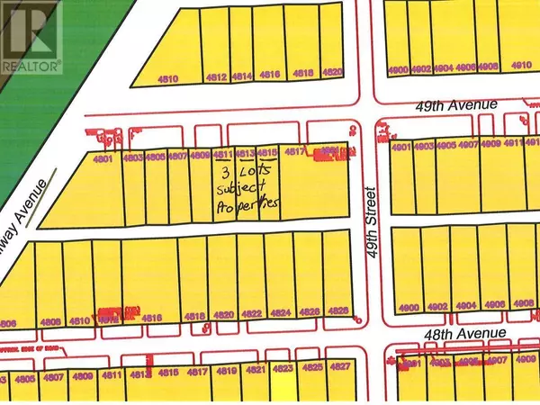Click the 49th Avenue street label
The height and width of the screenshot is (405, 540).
pyautogui.click(x=469, y=105)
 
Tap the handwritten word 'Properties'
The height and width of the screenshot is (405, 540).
pyautogui.click(x=247, y=206)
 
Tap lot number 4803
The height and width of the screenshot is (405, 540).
pyautogui.click(x=133, y=158)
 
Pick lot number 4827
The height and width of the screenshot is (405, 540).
pyautogui.click(x=339, y=367)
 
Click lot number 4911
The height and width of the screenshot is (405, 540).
pyautogui.click(x=514, y=143)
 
